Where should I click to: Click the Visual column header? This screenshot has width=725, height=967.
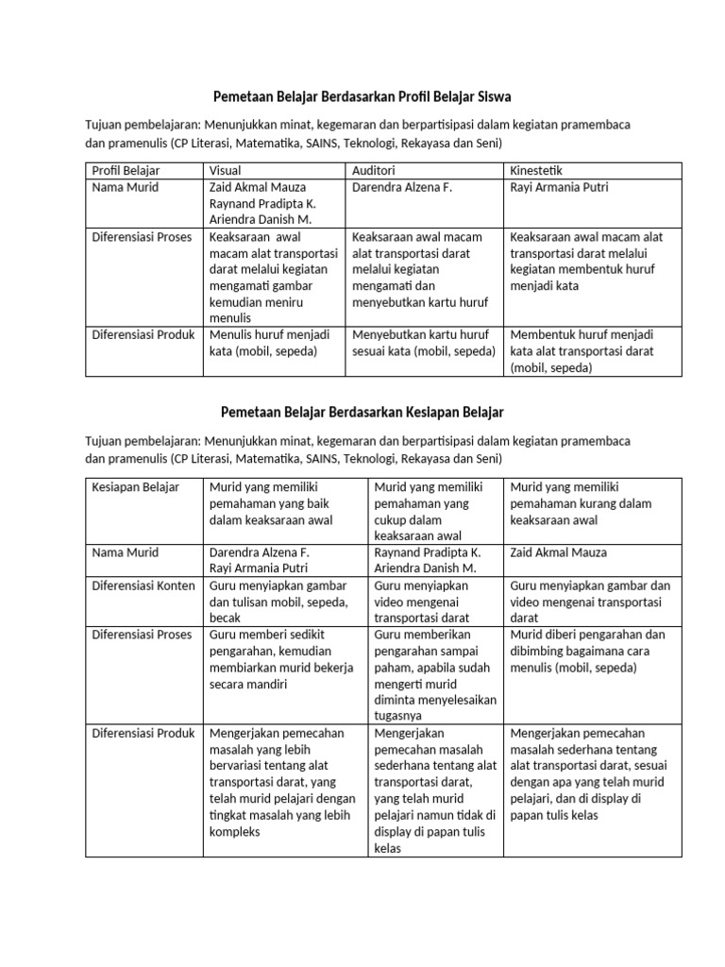click(x=225, y=171)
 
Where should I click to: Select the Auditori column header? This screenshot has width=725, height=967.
click(x=373, y=171)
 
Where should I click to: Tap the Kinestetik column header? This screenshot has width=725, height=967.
click(x=537, y=171)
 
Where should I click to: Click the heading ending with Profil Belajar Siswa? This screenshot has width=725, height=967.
click(x=362, y=97)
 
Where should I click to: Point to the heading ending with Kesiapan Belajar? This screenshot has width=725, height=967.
click(x=362, y=413)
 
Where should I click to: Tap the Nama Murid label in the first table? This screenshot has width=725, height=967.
click(x=125, y=188)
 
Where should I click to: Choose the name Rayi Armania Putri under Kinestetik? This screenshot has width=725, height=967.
click(x=560, y=188)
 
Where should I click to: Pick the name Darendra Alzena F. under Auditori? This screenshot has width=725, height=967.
click(x=402, y=188)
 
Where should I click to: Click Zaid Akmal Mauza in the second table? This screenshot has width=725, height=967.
click(x=558, y=552)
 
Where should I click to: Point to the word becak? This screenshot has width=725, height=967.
click(x=225, y=618)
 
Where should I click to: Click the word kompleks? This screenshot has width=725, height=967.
click(x=234, y=832)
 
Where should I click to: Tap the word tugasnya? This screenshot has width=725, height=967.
click(x=400, y=717)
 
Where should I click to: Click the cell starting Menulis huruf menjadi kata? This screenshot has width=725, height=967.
click(x=263, y=343)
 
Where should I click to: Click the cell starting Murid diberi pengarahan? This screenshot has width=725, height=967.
click(x=586, y=651)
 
